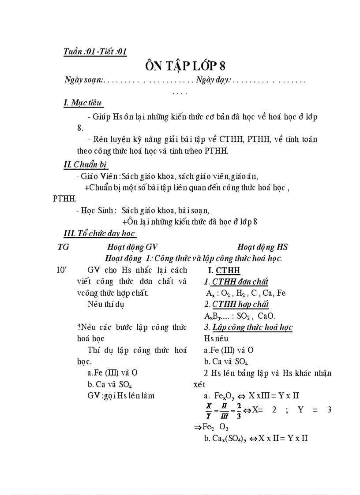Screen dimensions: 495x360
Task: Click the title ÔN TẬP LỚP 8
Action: tap(185, 66)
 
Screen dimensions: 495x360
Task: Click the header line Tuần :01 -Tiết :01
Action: tap(95, 52)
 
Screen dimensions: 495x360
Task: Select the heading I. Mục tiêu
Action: tap(83, 103)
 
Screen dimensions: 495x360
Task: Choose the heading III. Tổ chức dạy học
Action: tap(100, 234)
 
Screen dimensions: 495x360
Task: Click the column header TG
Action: tap(63, 247)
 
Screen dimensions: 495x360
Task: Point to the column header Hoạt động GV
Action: tap(132, 247)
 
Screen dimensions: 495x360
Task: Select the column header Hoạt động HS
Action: tap(262, 247)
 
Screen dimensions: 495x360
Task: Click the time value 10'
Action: tap(61, 270)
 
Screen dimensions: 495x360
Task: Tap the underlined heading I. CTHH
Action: tap(224, 271)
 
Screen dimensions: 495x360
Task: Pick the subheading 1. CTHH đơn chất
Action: tap(236, 282)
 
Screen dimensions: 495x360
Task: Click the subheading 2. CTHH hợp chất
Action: tap(236, 304)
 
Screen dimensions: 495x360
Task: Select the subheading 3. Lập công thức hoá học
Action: tap(248, 327)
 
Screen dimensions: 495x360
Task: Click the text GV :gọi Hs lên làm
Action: tap(121, 395)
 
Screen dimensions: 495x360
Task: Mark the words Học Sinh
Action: tap(99, 210)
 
